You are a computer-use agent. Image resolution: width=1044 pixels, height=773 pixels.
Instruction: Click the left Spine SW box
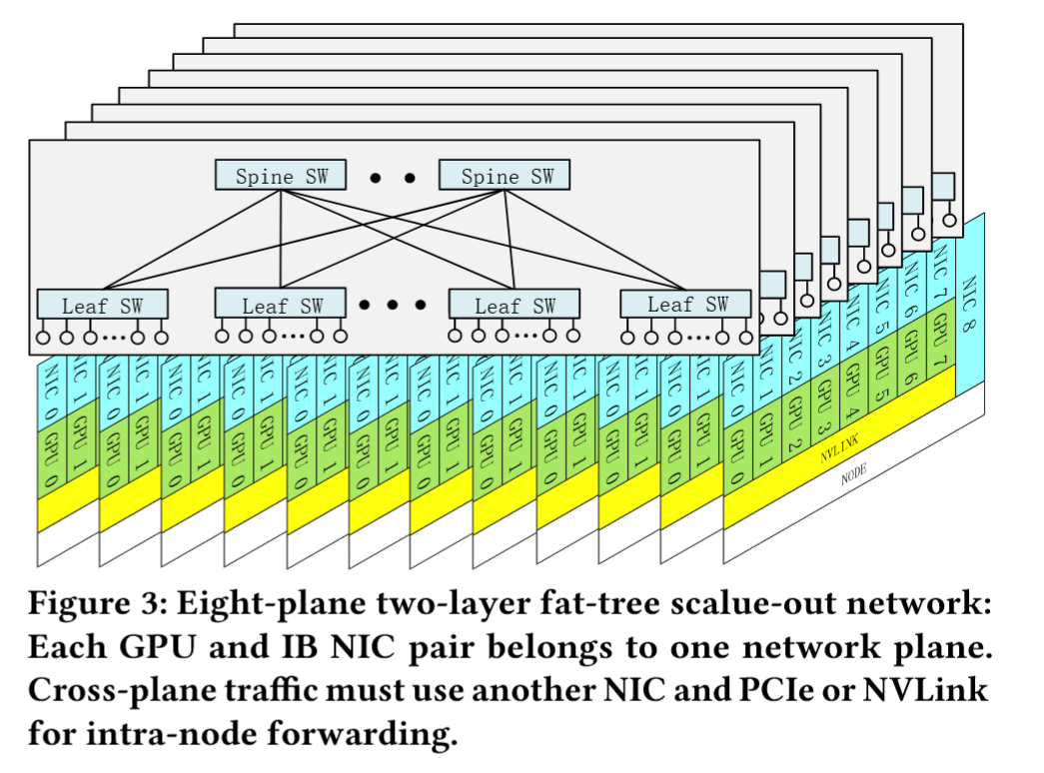tap(280, 177)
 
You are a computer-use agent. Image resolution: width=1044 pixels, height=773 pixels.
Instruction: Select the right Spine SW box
tap(506, 177)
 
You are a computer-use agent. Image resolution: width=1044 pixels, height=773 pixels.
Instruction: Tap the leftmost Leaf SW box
tap(102, 306)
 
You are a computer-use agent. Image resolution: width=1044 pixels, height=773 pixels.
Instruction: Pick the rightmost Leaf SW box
tap(687, 304)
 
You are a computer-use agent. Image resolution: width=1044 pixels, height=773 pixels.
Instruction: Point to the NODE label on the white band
tap(853, 477)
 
